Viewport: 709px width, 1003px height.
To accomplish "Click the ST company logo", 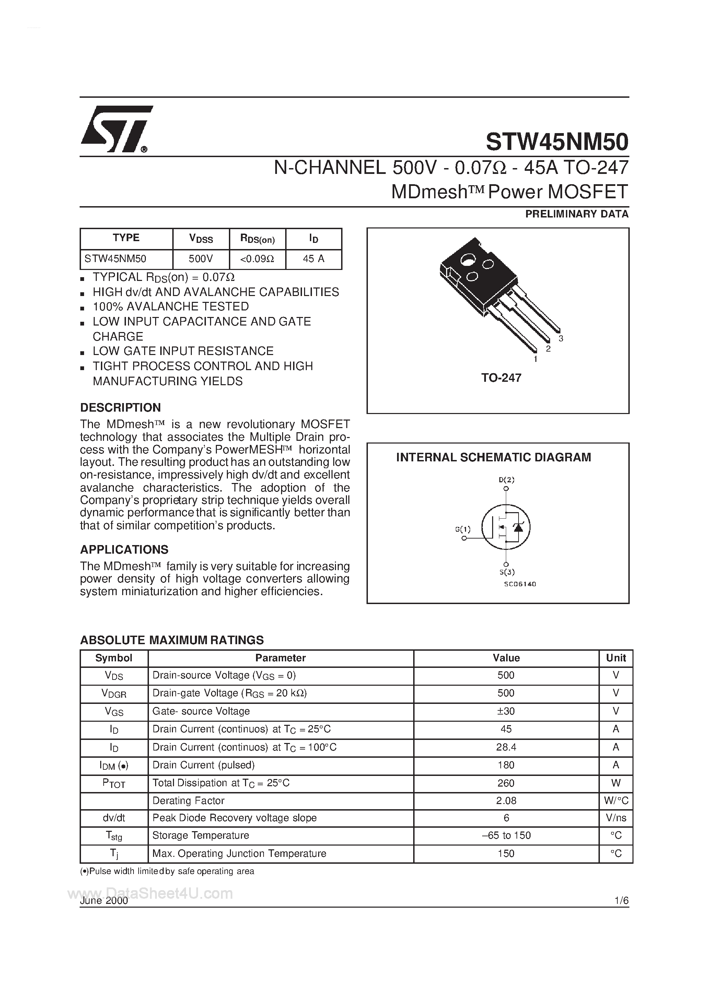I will (x=116, y=129).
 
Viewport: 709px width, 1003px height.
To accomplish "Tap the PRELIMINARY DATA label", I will (x=577, y=214).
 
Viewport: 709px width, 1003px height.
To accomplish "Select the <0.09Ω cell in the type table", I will (x=257, y=259).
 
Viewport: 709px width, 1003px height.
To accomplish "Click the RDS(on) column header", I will (x=257, y=238).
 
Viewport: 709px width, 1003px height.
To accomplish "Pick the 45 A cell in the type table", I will (x=313, y=259).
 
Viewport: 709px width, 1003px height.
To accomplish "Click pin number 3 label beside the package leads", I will (x=561, y=339).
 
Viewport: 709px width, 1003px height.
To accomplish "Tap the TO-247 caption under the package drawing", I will (x=501, y=378).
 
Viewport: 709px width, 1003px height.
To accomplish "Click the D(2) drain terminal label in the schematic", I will (x=506, y=480).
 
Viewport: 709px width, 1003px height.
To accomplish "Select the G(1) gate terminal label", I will (x=463, y=530).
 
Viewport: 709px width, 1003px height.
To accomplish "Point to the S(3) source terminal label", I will (x=507, y=572).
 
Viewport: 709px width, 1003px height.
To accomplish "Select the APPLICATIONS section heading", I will (x=124, y=550).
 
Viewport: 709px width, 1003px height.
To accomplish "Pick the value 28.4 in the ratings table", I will (x=506, y=747).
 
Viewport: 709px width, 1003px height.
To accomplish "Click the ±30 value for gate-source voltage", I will (x=506, y=711).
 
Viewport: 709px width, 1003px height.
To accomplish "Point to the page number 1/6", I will (x=621, y=901).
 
